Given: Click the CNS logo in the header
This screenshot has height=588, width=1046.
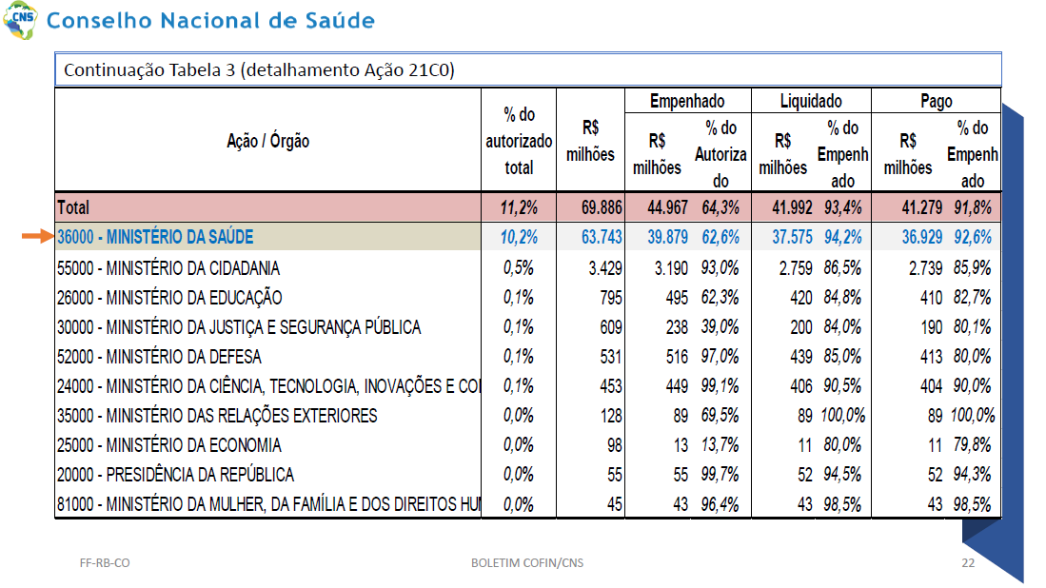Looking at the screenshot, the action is pyautogui.click(x=20, y=20).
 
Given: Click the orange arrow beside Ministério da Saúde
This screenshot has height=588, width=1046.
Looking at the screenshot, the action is pyautogui.click(x=37, y=236).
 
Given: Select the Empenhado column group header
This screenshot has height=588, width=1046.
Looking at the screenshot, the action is pyautogui.click(x=687, y=101).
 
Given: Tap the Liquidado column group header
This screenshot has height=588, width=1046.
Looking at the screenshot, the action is pyautogui.click(x=811, y=101).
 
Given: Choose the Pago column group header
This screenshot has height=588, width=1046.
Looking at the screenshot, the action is pyautogui.click(x=936, y=101).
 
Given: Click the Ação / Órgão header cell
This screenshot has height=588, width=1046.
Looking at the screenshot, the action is pyautogui.click(x=267, y=141).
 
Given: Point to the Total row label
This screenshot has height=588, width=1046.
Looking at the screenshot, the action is pyautogui.click(x=72, y=207).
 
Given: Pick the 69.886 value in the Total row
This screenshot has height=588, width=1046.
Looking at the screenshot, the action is pyautogui.click(x=602, y=207).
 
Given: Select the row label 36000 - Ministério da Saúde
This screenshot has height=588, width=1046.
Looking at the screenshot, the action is pyautogui.click(x=155, y=237).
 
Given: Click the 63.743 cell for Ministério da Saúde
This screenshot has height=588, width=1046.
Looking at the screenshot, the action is pyautogui.click(x=602, y=237).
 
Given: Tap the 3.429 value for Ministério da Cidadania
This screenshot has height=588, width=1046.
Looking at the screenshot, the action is pyautogui.click(x=605, y=268).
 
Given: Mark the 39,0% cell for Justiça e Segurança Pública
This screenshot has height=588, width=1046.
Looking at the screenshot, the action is pyautogui.click(x=720, y=326).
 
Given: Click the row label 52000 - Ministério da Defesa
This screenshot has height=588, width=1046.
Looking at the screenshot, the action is pyautogui.click(x=159, y=357).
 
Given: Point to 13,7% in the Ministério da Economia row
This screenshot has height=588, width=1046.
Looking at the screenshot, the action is pyautogui.click(x=720, y=444).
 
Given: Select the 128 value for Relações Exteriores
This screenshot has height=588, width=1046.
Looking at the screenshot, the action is pyautogui.click(x=611, y=416).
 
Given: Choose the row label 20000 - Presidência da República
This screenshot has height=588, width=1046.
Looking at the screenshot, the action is pyautogui.click(x=175, y=475).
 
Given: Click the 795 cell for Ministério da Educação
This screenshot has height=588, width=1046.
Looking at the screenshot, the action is pyautogui.click(x=611, y=298).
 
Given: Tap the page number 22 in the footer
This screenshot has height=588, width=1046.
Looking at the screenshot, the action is pyautogui.click(x=968, y=562).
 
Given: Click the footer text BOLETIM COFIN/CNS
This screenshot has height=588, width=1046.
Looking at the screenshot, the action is pyautogui.click(x=527, y=562).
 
